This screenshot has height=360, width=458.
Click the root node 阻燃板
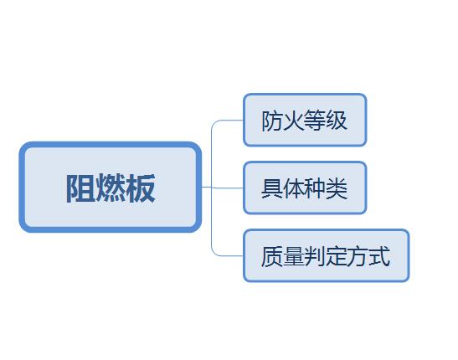coord(111,187)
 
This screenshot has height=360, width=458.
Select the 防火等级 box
coord(305,120)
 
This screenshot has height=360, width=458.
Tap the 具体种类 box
coord(305,188)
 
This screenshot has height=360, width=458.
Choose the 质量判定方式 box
coord(326,255)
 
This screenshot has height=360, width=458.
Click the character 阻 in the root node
coord(81,188)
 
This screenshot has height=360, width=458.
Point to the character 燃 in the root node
coord(111,188)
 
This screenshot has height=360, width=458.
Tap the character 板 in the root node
coord(140,188)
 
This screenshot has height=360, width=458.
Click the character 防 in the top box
coord(271,121)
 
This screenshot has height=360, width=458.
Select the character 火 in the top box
coord(293,121)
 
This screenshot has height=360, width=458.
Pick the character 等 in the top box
coord(315,121)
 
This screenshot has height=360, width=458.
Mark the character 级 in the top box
coord(337,121)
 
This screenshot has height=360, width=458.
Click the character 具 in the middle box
coord(271,188)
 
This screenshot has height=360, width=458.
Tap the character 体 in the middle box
coord(293,188)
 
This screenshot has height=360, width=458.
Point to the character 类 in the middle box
coord(337,188)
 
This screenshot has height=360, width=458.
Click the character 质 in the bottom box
coord(271,256)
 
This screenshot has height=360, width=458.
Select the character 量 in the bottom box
coord(293,256)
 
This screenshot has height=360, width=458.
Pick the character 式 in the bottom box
coord(379,256)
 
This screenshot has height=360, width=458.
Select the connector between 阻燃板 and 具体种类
coord(222,188)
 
